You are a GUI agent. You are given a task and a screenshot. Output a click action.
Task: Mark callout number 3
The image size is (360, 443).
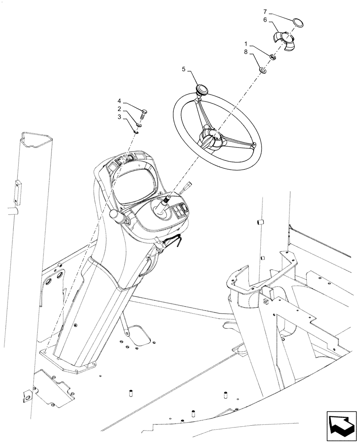click(120, 117)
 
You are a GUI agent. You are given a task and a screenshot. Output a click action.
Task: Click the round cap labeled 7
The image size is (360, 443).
click(298, 21)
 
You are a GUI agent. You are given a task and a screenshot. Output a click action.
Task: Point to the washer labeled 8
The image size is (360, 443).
click(263, 70)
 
